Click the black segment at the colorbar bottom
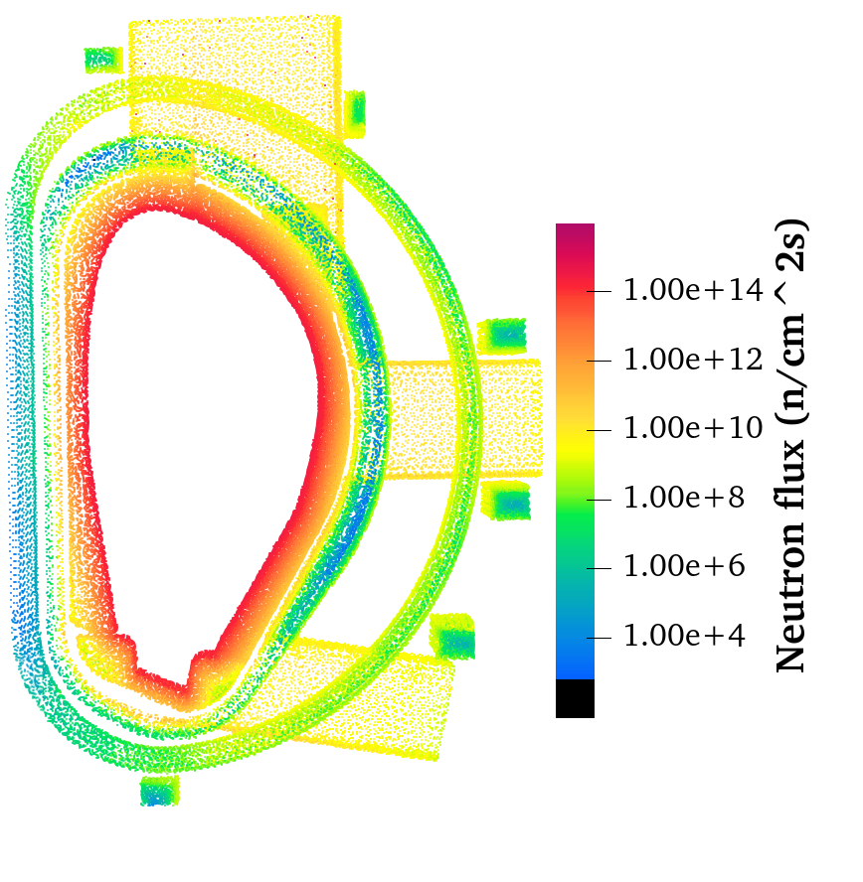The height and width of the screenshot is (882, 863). pyautogui.click(x=575, y=698)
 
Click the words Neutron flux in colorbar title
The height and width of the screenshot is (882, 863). pyautogui.click(x=791, y=556)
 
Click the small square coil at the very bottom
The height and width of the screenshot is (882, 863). pyautogui.click(x=159, y=791)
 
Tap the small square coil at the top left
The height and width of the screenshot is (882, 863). pyautogui.click(x=100, y=60)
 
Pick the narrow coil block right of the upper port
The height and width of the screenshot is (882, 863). pyautogui.click(x=354, y=113)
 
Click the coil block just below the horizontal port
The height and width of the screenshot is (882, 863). pyautogui.click(x=505, y=503)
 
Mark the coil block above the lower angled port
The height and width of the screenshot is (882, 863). pyautogui.click(x=452, y=637)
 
